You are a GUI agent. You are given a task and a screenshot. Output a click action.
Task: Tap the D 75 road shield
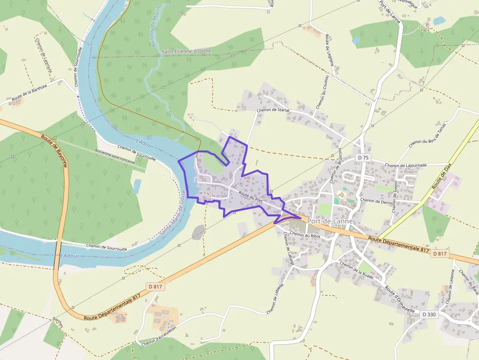click(363, 158)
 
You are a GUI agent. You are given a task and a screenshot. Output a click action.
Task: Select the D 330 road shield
click(428, 315)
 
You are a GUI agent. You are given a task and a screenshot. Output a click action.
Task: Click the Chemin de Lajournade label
click(406, 165)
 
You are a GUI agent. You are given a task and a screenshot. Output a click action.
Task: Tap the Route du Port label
click(251, 196)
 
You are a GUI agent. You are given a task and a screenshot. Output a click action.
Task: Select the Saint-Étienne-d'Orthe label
click(186, 51)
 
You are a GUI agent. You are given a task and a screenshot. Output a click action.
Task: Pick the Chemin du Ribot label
click(305, 235)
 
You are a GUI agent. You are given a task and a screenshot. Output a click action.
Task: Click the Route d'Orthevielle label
click(399, 299)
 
